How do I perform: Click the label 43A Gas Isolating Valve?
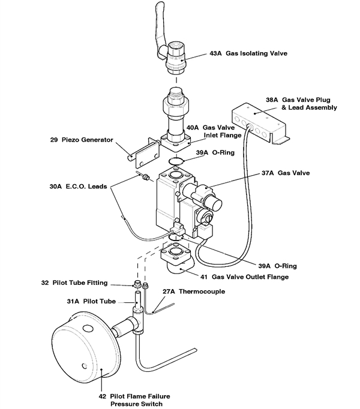click(x=248, y=53)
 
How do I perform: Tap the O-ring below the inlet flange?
click(x=175, y=161)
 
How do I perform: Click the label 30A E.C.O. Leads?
click(x=78, y=187)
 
